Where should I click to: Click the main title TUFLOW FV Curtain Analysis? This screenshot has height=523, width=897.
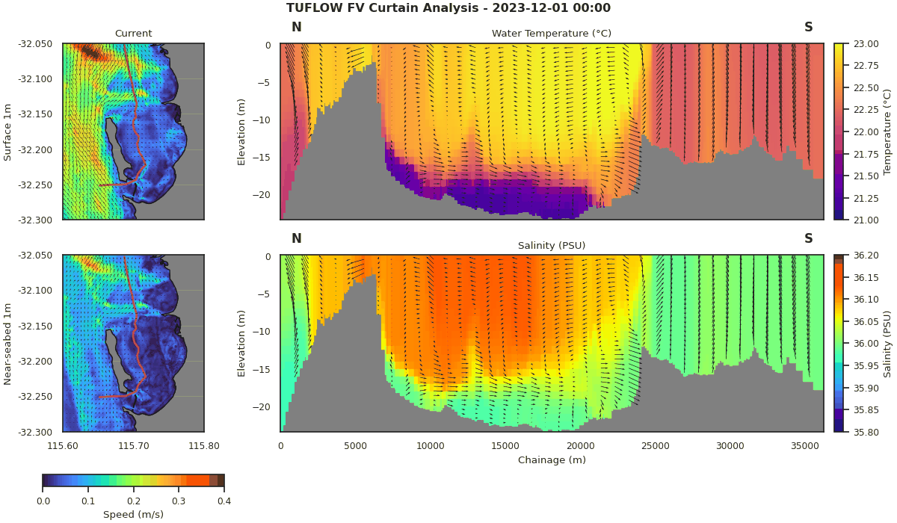coord(448,8)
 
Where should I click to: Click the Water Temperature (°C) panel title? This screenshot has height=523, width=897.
coord(551,34)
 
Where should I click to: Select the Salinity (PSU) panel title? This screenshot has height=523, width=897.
coord(551,246)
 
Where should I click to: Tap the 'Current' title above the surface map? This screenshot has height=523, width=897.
coord(133,34)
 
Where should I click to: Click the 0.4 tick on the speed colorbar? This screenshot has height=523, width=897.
coord(224,501)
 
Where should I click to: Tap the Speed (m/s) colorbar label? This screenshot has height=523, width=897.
coord(133,514)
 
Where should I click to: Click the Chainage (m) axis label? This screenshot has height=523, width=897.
coord(551,460)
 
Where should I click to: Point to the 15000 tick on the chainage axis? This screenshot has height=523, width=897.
coord(505,446)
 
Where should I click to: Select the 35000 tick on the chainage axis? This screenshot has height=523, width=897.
coord(805,446)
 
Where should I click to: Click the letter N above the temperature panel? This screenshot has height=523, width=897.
coord(296,28)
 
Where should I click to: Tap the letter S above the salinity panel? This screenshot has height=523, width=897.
coord(808,239)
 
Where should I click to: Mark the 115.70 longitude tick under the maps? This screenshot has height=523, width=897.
coord(133,446)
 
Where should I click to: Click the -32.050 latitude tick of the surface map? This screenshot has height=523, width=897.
coord(35,44)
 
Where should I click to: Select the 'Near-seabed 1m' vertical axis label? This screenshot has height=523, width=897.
coord(7,344)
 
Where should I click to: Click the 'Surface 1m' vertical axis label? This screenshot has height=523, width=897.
coord(7,131)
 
